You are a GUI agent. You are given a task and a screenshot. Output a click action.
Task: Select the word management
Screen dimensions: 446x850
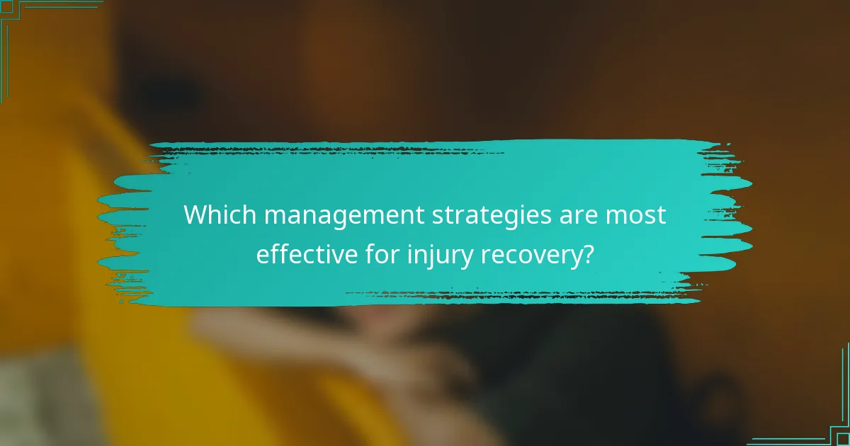pyautogui.click(x=336, y=216)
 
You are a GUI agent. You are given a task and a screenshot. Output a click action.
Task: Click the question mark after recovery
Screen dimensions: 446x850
pyautogui.click(x=586, y=255)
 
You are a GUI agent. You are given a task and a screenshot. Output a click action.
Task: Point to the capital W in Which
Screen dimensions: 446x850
pyautogui.click(x=196, y=215)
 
